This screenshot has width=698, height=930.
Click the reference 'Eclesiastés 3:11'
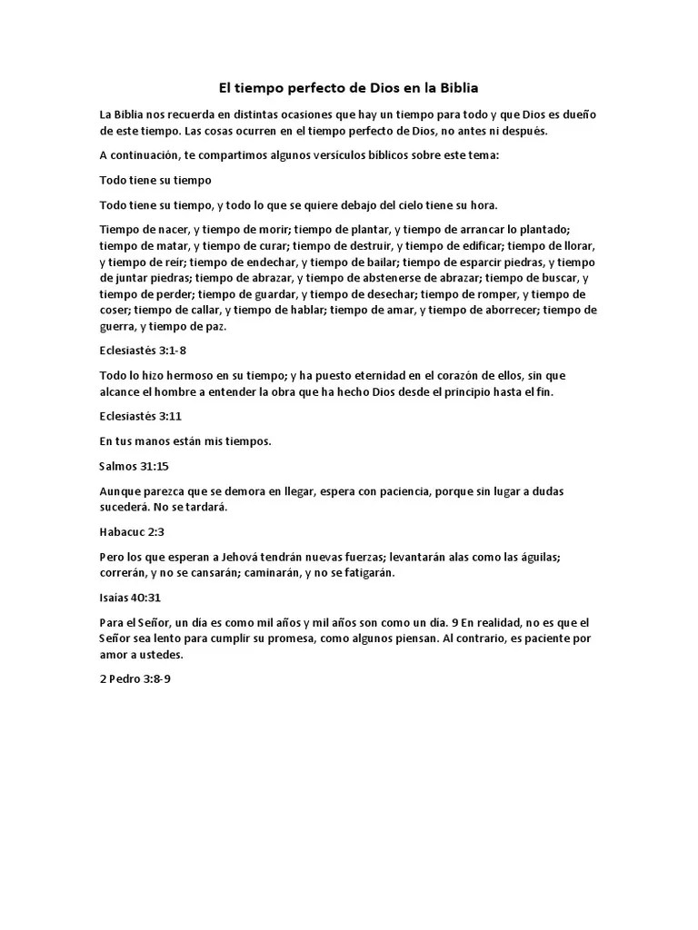tap(140, 416)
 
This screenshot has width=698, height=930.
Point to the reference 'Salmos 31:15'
tap(134, 466)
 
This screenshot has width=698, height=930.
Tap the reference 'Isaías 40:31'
tap(130, 598)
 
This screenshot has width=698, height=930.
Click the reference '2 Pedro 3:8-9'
tap(135, 678)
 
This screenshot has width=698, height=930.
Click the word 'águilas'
tap(571, 556)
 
